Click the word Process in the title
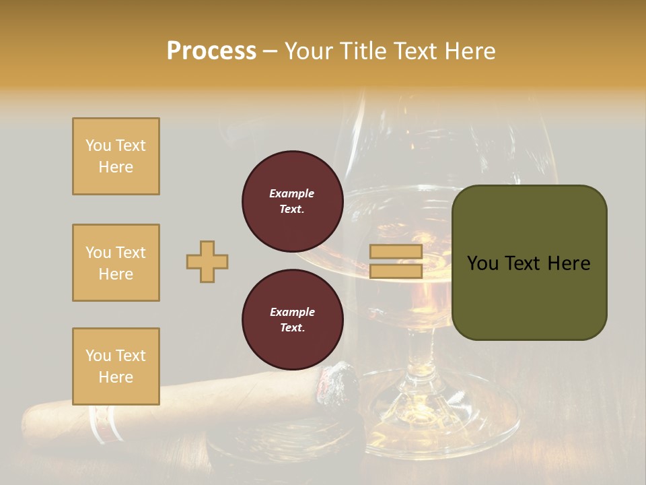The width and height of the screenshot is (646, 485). [x=211, y=51]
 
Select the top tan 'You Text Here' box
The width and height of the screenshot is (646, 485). [x=116, y=156]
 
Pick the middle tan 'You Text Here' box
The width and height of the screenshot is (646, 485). [x=116, y=263]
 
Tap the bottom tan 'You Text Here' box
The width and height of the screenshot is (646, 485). [x=116, y=366]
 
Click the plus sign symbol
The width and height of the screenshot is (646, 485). [x=207, y=261]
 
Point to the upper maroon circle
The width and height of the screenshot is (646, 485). [x=292, y=201]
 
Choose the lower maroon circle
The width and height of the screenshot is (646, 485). [x=292, y=320]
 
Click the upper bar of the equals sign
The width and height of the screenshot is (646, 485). [x=396, y=252]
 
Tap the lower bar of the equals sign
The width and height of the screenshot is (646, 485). [x=396, y=271]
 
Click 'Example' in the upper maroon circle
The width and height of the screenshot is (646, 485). [x=292, y=193]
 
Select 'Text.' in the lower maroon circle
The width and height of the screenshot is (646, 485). [x=292, y=328]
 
